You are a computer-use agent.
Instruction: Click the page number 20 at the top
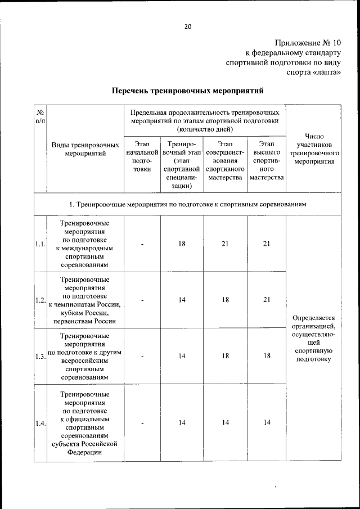pos(188,25)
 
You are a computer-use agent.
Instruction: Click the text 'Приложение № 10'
pos(308,43)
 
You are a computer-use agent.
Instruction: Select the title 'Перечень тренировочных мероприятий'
pos(187,90)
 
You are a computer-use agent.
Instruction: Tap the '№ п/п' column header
pos(40,116)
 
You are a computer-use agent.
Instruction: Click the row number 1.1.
pos(40,244)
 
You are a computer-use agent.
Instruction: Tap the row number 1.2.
pos(40,300)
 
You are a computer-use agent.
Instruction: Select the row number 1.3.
pos(40,357)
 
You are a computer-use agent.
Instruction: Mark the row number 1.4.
pos(40,423)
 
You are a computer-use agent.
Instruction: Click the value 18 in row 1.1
pos(182,244)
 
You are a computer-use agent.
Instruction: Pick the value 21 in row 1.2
pos(267,300)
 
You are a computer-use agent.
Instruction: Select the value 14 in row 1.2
pos(182,300)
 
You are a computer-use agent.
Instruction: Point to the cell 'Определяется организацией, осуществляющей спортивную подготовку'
pos(314,337)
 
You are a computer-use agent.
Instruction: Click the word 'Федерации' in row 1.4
pos(85,451)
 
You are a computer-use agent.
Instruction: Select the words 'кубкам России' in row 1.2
pos(85,313)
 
